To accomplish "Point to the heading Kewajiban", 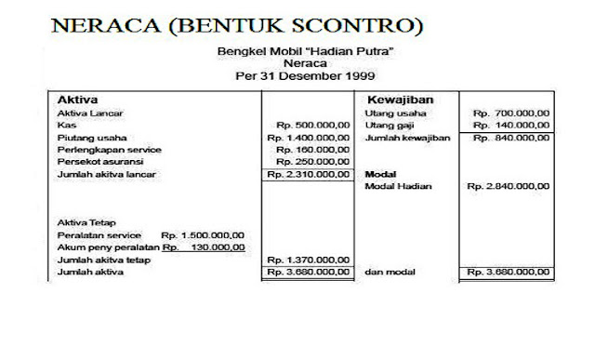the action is click(401, 99).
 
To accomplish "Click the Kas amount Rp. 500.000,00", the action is click(313, 125).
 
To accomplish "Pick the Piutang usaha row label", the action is click(86, 137).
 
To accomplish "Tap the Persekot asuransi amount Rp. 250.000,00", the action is click(313, 161).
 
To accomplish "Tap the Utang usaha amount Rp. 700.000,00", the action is click(510, 113).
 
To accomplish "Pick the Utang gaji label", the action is click(388, 125).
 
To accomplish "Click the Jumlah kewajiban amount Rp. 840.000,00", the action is click(510, 137).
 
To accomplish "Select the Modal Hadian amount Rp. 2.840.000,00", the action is click(508, 186).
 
